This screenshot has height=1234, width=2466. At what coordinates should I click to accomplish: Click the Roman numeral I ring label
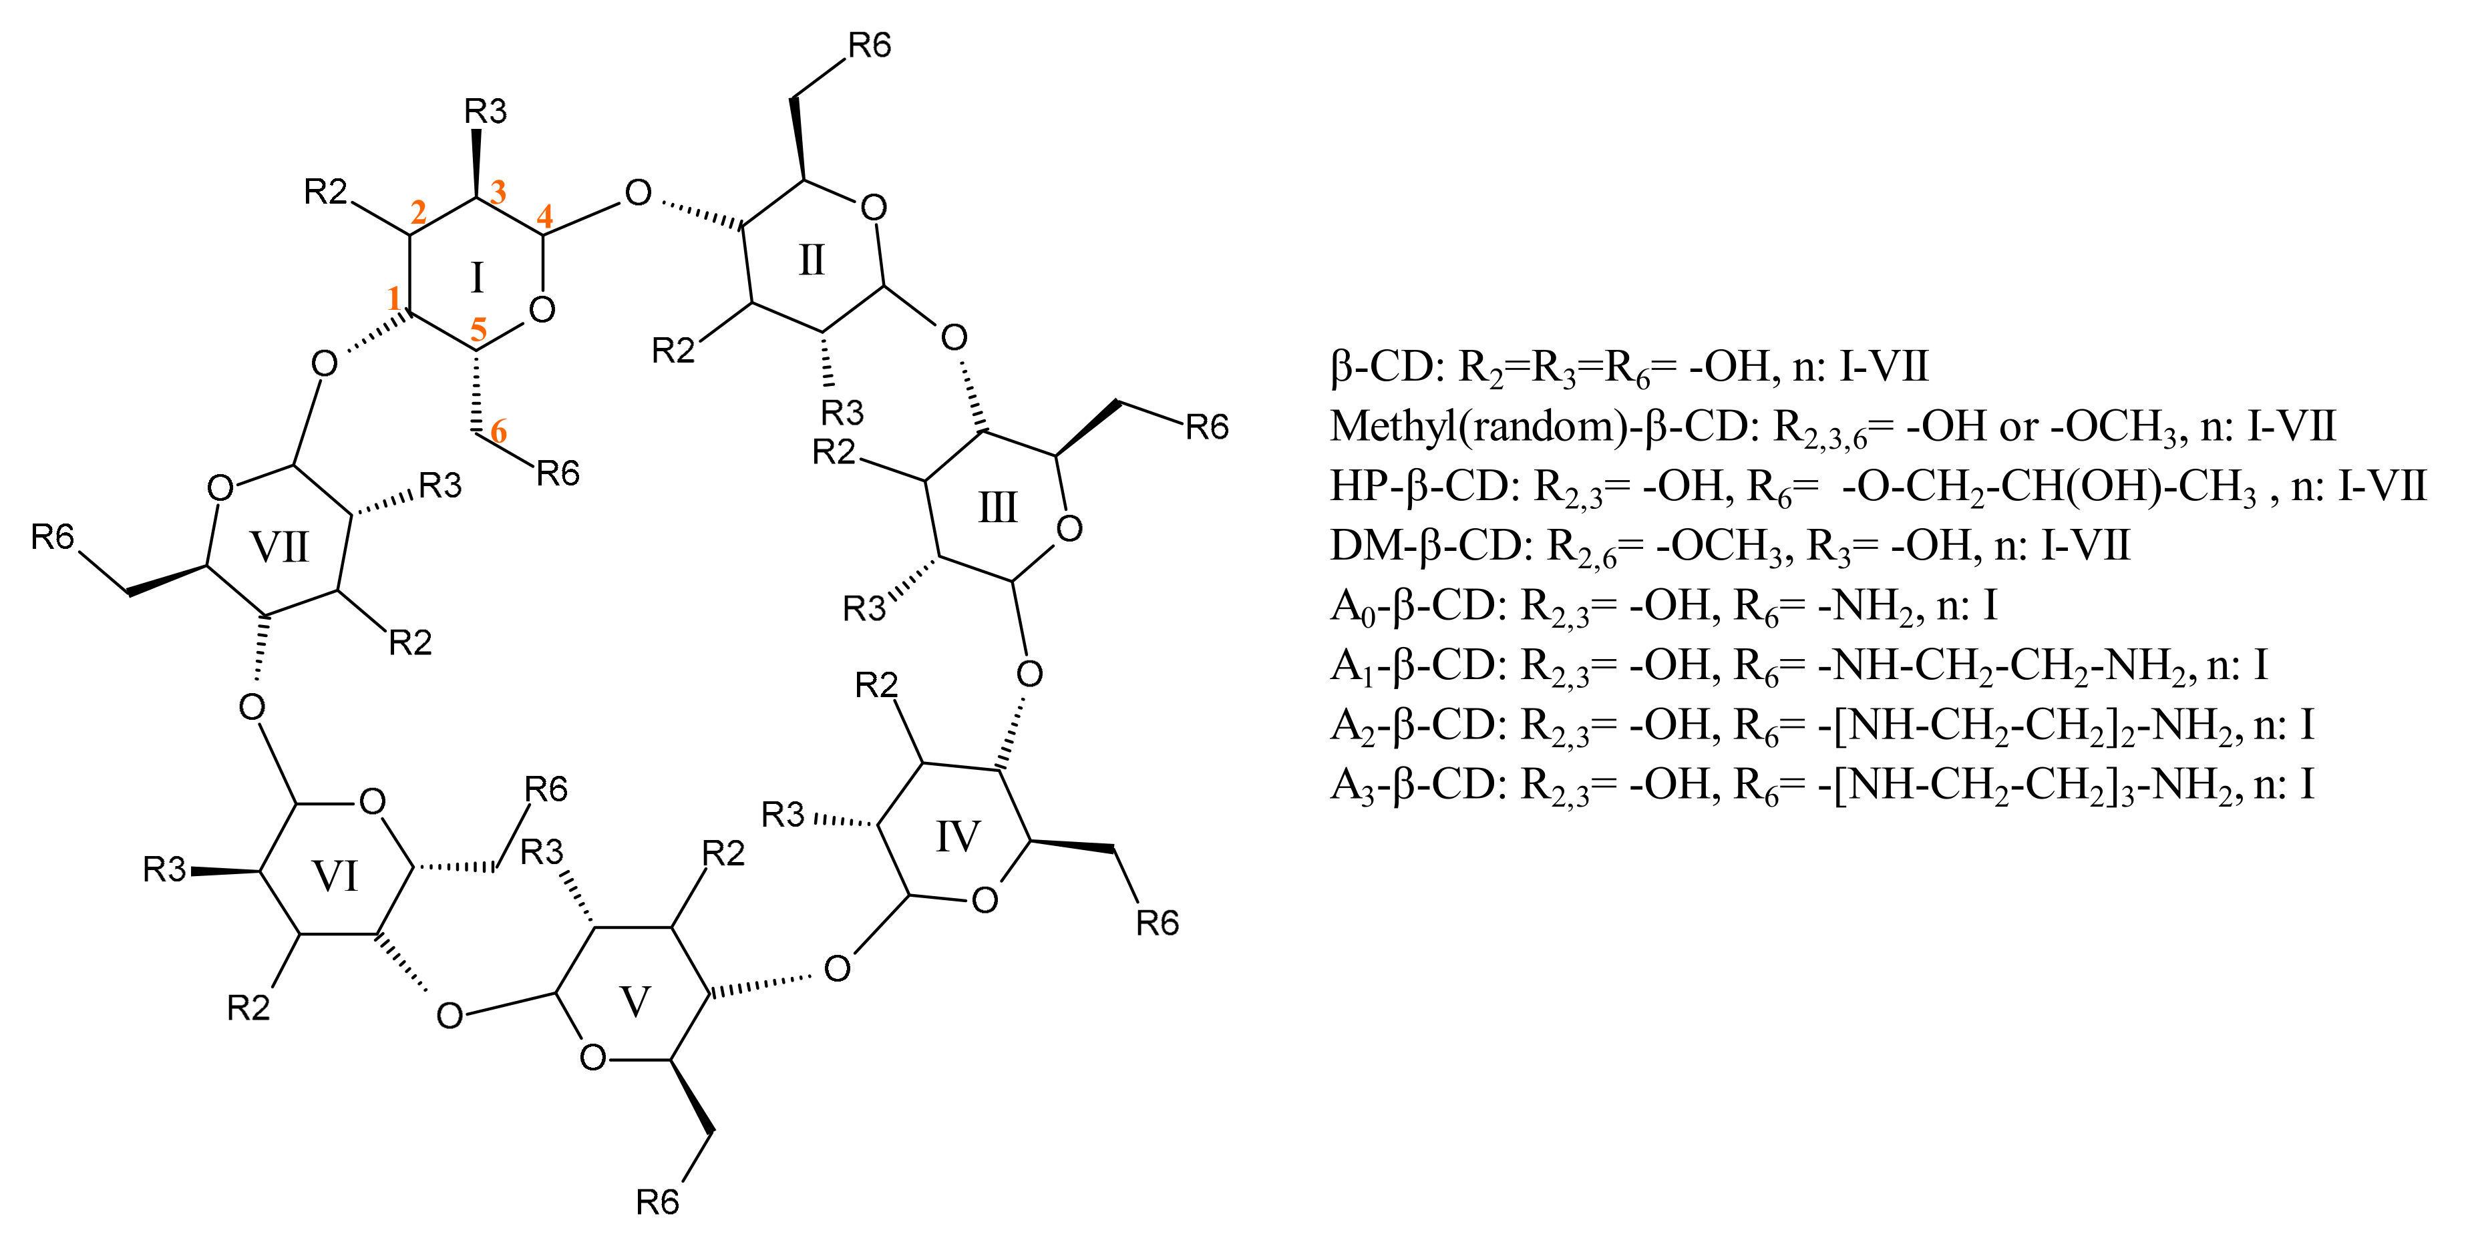477,278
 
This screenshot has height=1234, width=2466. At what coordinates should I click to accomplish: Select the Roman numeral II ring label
811,260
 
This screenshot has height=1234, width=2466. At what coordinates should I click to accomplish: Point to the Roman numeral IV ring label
957,837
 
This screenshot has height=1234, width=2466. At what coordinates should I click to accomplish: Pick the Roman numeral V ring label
636,1002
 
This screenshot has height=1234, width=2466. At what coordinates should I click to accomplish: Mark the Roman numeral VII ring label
280,548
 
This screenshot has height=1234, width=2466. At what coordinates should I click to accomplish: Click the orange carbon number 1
393,298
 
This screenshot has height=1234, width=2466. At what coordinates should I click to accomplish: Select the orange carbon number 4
545,218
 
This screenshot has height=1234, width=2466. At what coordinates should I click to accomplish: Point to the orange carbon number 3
498,192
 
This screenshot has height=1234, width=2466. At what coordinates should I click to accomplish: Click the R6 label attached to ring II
869,45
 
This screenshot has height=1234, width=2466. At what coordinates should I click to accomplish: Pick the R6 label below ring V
658,1201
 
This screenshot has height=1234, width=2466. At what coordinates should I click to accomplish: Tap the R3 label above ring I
486,112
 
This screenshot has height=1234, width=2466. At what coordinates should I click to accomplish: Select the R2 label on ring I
325,192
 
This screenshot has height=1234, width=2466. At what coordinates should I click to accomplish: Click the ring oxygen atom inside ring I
542,311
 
